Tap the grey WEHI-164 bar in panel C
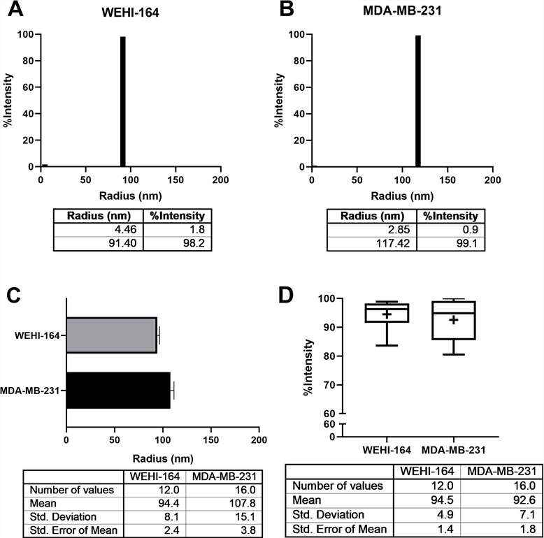(x=111, y=335)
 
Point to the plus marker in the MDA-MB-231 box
(x=453, y=320)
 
